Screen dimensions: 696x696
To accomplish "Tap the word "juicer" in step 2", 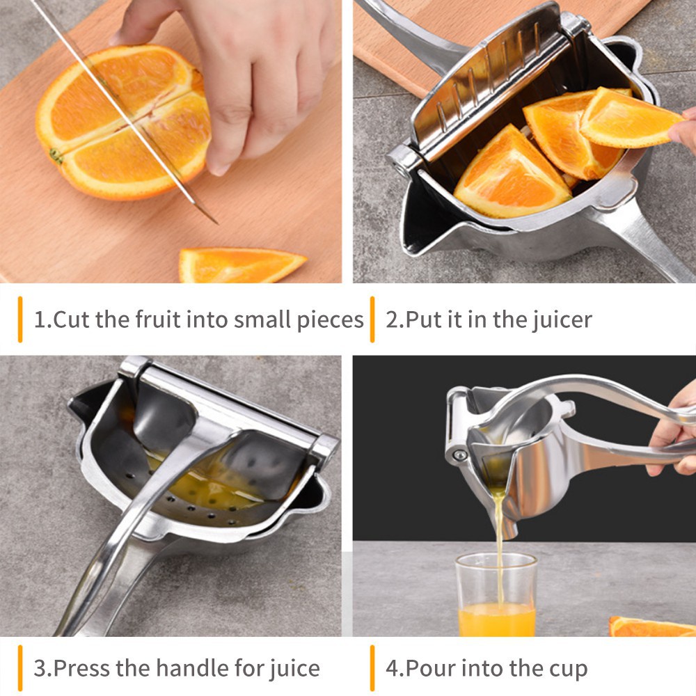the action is click(562, 320).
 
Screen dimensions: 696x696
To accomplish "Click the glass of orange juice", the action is click(496, 595).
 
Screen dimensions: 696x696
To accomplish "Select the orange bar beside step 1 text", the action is click(20, 319).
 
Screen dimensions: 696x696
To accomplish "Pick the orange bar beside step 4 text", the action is click(372, 668).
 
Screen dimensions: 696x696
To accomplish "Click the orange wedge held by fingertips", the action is click(631, 120).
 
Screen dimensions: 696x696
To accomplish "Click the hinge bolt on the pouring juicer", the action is click(460, 455).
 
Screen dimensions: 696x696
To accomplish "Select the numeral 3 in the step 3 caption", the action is click(40, 668).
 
